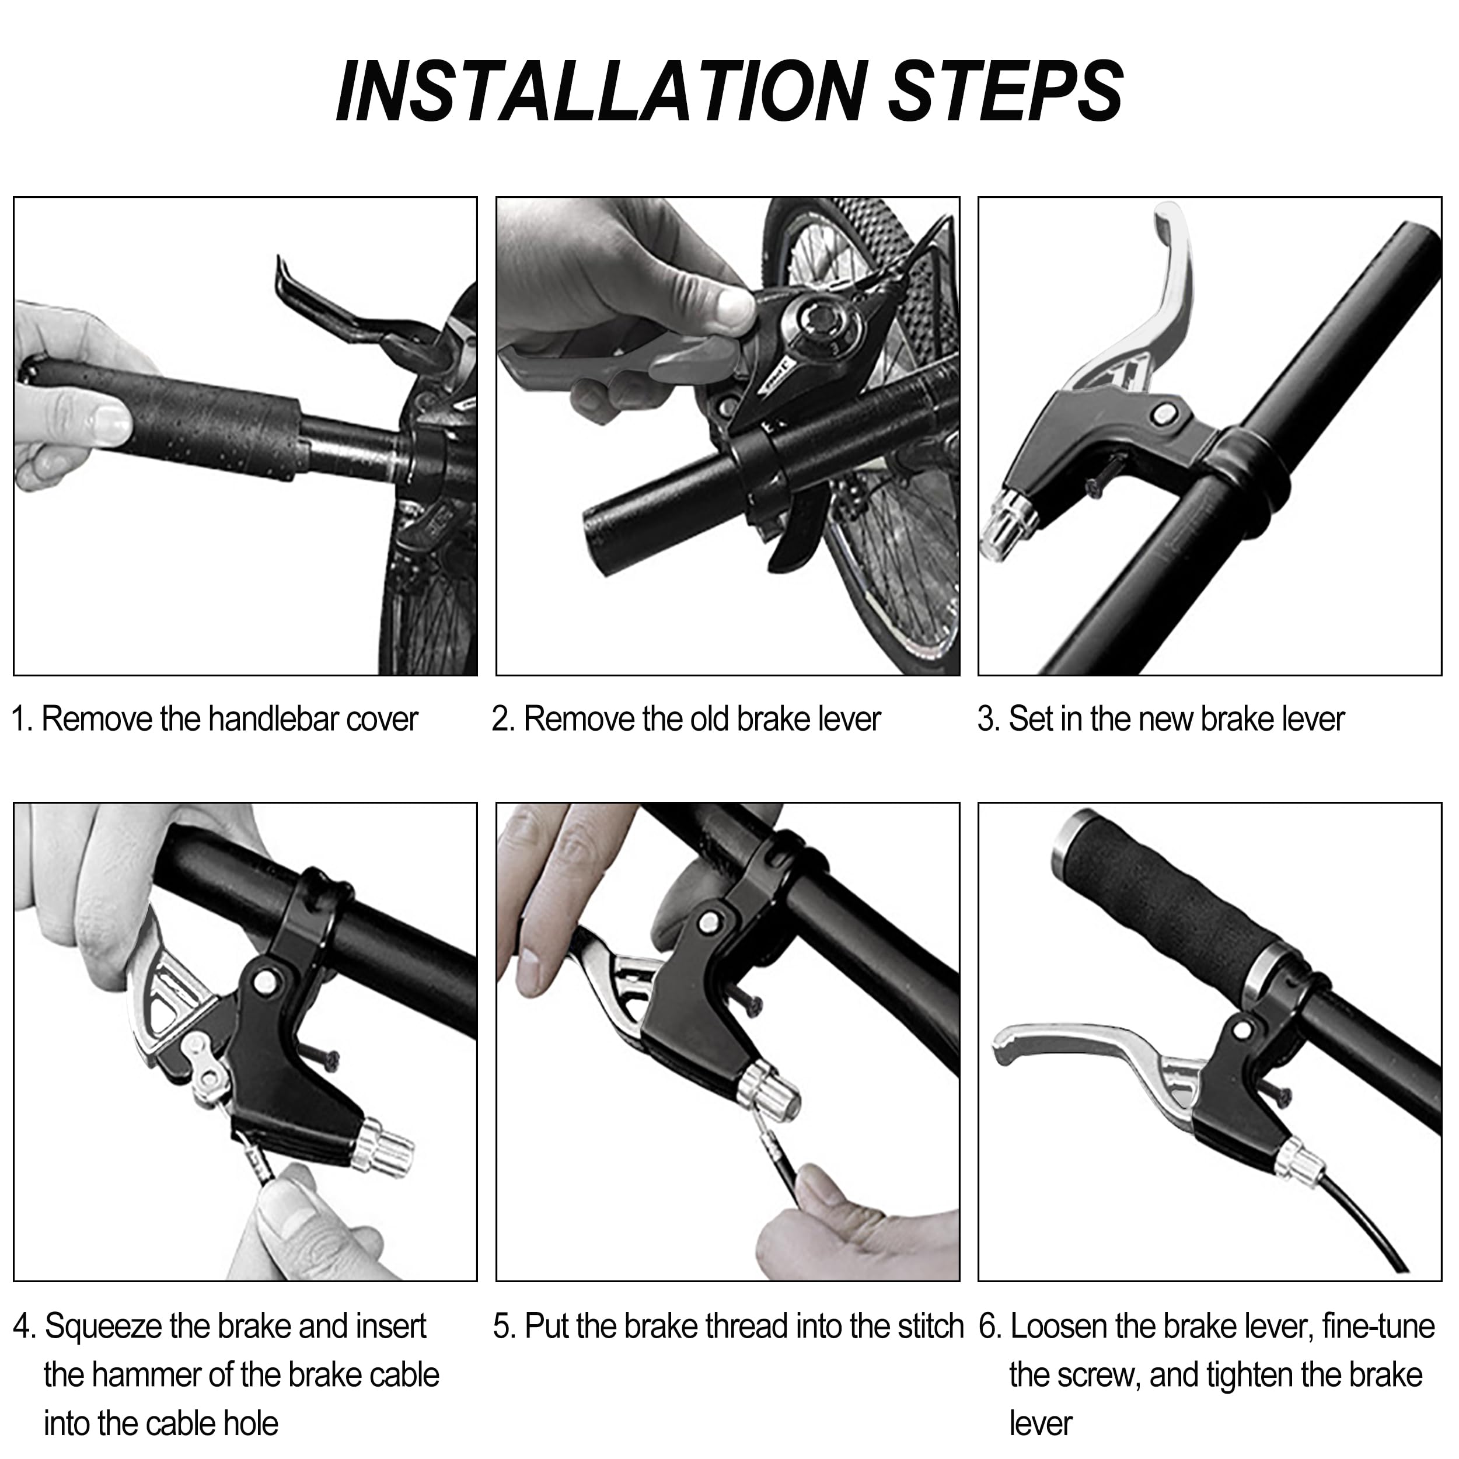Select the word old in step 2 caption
[709, 718]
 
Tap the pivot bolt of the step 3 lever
[1164, 413]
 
